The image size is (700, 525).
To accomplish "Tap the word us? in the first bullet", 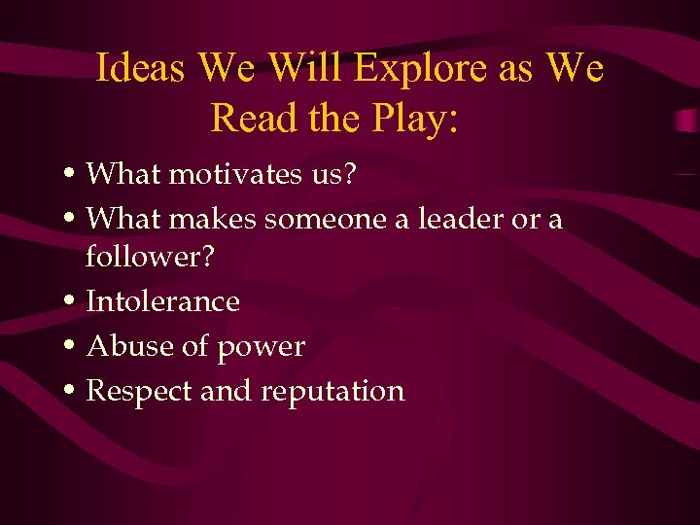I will pyautogui.click(x=333, y=174).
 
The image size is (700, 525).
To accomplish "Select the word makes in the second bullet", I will pyautogui.click(x=213, y=219).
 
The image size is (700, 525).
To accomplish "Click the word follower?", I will pyautogui.click(x=150, y=258).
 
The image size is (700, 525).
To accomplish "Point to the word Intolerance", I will pyautogui.click(x=162, y=301).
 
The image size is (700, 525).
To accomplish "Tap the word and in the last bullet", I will pyautogui.click(x=222, y=391).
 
